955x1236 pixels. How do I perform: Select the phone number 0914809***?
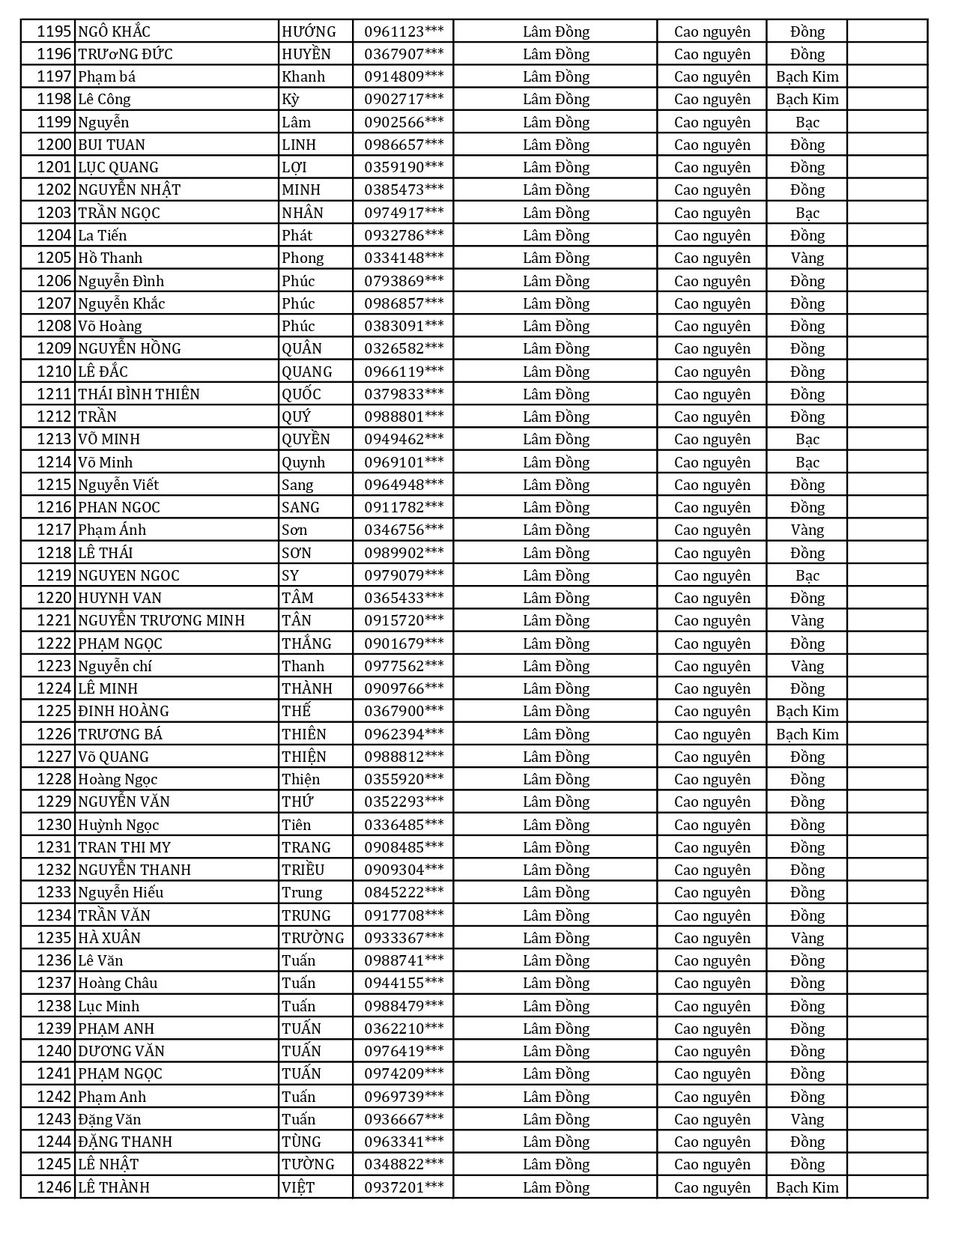pyautogui.click(x=404, y=76)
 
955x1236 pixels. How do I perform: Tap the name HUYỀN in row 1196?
pyautogui.click(x=306, y=54)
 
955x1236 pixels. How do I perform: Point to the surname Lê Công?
pyautogui.click(x=104, y=99)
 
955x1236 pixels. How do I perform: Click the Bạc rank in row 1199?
pyautogui.click(x=807, y=122)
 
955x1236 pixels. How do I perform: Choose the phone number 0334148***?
pyautogui.click(x=404, y=258)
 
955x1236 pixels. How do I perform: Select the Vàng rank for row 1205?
pyautogui.click(x=807, y=258)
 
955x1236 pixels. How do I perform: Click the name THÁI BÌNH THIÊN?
pyautogui.click(x=139, y=394)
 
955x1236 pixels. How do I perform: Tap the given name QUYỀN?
pyautogui.click(x=306, y=439)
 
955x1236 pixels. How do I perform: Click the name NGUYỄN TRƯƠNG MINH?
pyautogui.click(x=162, y=620)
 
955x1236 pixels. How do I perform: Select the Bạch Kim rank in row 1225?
pyautogui.click(x=807, y=711)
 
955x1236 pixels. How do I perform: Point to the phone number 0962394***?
pyautogui.click(x=404, y=734)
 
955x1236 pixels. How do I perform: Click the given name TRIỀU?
pyautogui.click(x=303, y=870)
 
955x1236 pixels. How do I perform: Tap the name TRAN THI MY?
pyautogui.click(x=124, y=847)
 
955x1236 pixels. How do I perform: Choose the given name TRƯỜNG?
pyautogui.click(x=313, y=938)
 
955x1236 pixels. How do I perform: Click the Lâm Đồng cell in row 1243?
pyautogui.click(x=556, y=1119)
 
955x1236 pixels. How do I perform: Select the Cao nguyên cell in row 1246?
pyautogui.click(x=712, y=1187)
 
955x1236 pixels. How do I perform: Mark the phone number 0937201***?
pyautogui.click(x=404, y=1187)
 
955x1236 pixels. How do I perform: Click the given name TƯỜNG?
pyautogui.click(x=308, y=1164)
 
